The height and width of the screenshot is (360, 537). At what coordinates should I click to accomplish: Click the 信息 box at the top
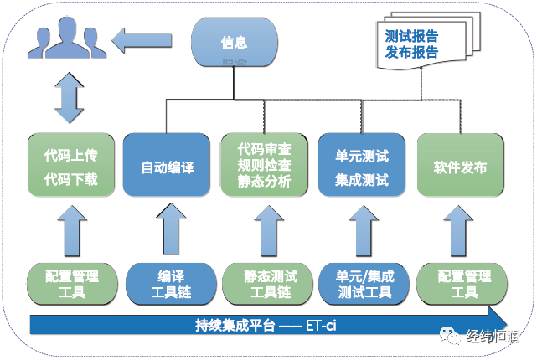click(x=234, y=42)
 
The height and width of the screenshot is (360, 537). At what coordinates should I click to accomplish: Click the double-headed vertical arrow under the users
click(x=67, y=99)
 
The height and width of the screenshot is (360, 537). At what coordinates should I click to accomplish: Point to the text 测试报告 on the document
click(x=411, y=37)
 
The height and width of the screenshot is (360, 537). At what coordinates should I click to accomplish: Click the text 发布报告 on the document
click(x=411, y=53)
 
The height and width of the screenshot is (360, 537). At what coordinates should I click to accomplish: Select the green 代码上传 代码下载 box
click(x=70, y=166)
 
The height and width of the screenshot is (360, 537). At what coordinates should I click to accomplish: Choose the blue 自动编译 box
click(x=167, y=167)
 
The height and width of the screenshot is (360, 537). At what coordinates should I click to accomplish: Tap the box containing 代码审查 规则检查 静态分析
click(x=264, y=166)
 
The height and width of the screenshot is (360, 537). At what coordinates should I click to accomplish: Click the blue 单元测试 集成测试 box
click(x=361, y=166)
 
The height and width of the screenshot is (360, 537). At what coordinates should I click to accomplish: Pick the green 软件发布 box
click(x=459, y=167)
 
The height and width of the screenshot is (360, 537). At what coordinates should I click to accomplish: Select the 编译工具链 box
click(x=167, y=284)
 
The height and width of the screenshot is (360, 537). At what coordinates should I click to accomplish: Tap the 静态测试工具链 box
click(x=264, y=284)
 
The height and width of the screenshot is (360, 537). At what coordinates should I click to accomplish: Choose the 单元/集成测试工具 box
click(x=362, y=284)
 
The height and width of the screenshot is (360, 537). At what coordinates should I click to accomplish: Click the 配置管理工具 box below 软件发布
click(x=459, y=284)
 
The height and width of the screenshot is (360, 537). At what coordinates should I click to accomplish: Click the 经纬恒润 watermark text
click(x=494, y=339)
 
